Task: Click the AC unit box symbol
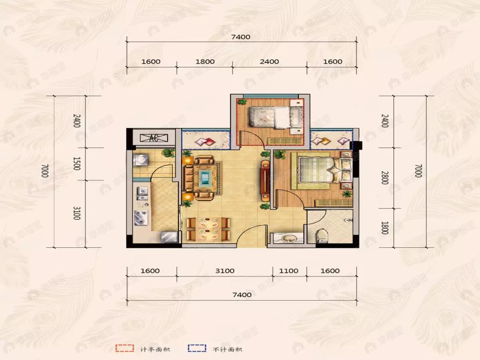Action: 154,138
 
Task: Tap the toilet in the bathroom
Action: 321,236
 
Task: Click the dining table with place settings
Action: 208,228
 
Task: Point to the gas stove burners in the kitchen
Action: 141,217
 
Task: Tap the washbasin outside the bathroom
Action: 287,238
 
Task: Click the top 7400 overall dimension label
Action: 241,37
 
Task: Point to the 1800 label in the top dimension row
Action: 205,62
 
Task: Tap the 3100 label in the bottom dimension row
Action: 225,271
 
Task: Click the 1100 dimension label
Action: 289,271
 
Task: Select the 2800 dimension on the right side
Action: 385,178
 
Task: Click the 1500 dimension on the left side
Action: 76,164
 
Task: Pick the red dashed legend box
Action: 125,348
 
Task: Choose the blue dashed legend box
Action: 197,348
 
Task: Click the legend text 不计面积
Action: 227,349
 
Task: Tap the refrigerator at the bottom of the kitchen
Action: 169,237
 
